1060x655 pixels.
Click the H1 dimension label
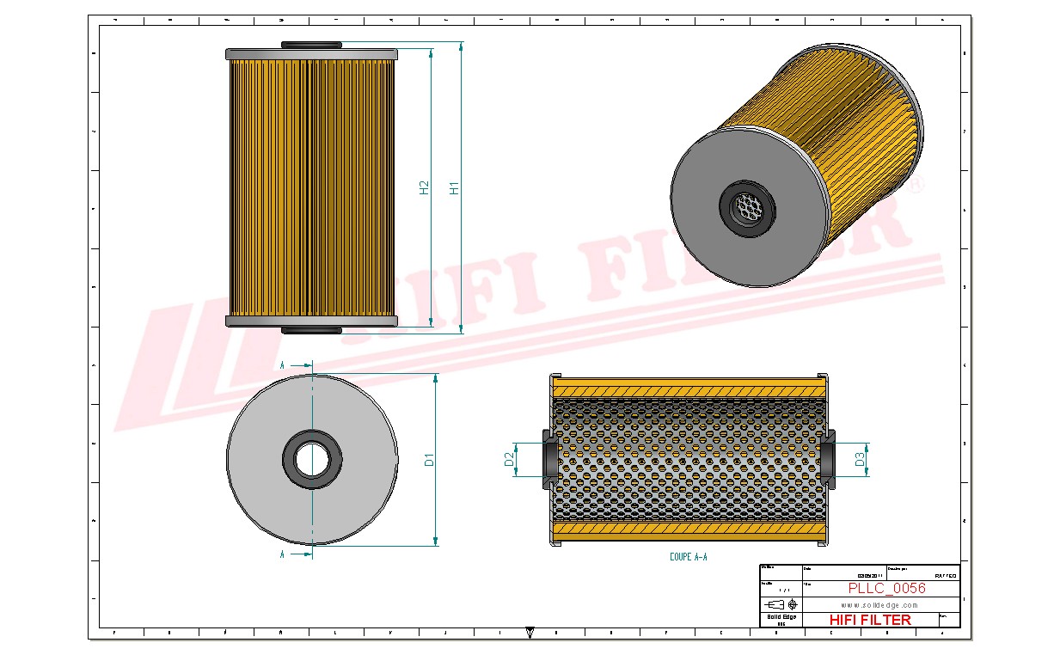coord(455,187)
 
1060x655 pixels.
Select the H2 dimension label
coord(424,187)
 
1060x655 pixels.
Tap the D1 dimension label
coord(429,460)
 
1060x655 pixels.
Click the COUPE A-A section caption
coord(688,557)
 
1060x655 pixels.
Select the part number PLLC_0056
coord(886,589)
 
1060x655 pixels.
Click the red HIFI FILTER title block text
coord(870,620)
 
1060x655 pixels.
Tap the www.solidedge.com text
coord(879,605)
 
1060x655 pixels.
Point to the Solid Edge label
coord(781,617)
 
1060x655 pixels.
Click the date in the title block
coord(869,576)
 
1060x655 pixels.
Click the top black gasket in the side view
coord(311,45)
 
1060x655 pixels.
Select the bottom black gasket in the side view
coord(311,330)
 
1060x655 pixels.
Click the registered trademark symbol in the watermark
coord(916,184)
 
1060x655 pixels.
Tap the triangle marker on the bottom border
coord(530,633)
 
